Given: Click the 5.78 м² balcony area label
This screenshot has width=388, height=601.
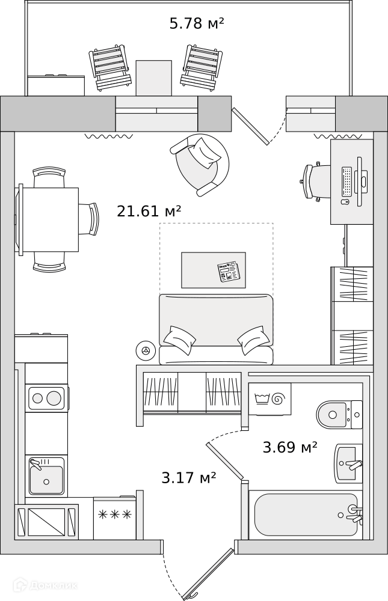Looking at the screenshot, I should tap(197, 24).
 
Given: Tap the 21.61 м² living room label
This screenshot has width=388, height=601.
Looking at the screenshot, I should tap(149, 211).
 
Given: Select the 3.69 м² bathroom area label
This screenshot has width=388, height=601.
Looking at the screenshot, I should tap(290, 447).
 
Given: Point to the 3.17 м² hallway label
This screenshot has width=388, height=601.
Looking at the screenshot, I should tap(189, 478).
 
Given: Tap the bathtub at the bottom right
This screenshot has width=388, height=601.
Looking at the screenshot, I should tap(306, 514).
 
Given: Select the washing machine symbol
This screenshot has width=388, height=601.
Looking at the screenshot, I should tap(270, 398).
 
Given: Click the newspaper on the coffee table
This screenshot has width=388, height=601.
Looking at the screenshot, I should tap(229, 272).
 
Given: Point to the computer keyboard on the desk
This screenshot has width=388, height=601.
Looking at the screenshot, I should tap(347, 181).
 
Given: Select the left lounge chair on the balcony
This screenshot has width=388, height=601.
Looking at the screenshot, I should tap(110, 66).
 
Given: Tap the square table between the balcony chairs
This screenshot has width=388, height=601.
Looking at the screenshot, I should tap(153, 77).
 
